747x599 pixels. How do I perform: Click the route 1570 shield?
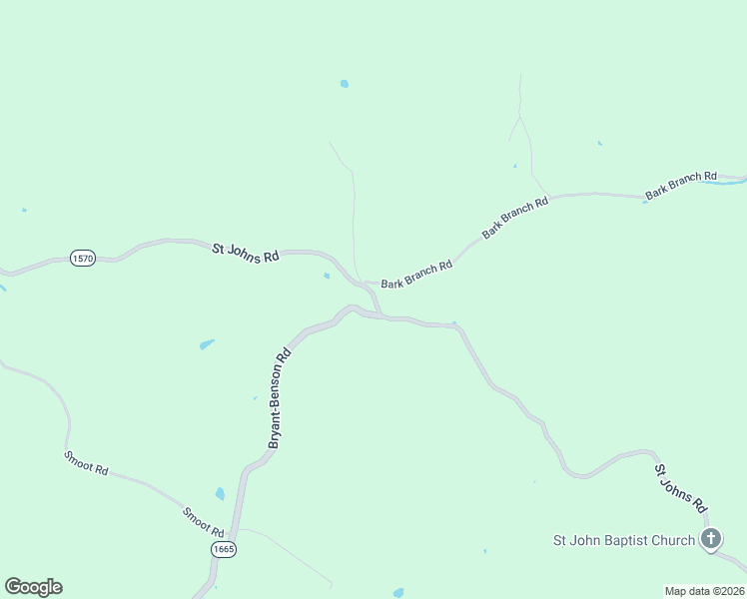pos(83,259)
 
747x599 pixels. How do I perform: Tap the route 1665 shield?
pos(224,550)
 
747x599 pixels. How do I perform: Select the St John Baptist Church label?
pos(624,541)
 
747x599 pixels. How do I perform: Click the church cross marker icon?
pos(710,541)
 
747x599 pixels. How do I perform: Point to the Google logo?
pos(33,587)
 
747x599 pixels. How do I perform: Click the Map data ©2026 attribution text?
pos(704,591)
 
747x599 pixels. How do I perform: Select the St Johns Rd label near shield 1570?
pos(245,253)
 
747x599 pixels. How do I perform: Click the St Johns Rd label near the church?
pos(681,487)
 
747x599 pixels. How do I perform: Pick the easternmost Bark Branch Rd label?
pos(681,185)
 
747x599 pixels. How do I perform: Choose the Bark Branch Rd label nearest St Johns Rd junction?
pos(416,276)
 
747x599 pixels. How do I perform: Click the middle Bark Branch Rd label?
pos(515,217)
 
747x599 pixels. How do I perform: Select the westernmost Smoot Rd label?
pos(86,462)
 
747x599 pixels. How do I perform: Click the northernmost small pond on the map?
pos(345,84)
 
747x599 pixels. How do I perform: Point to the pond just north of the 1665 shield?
pos(220,494)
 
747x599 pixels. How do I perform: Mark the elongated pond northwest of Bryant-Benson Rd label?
pos(207,344)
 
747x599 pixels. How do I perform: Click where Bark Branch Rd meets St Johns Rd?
pos(366,283)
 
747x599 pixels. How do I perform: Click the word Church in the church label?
pos(671,541)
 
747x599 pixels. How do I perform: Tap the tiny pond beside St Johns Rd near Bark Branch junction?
pos(327,277)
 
